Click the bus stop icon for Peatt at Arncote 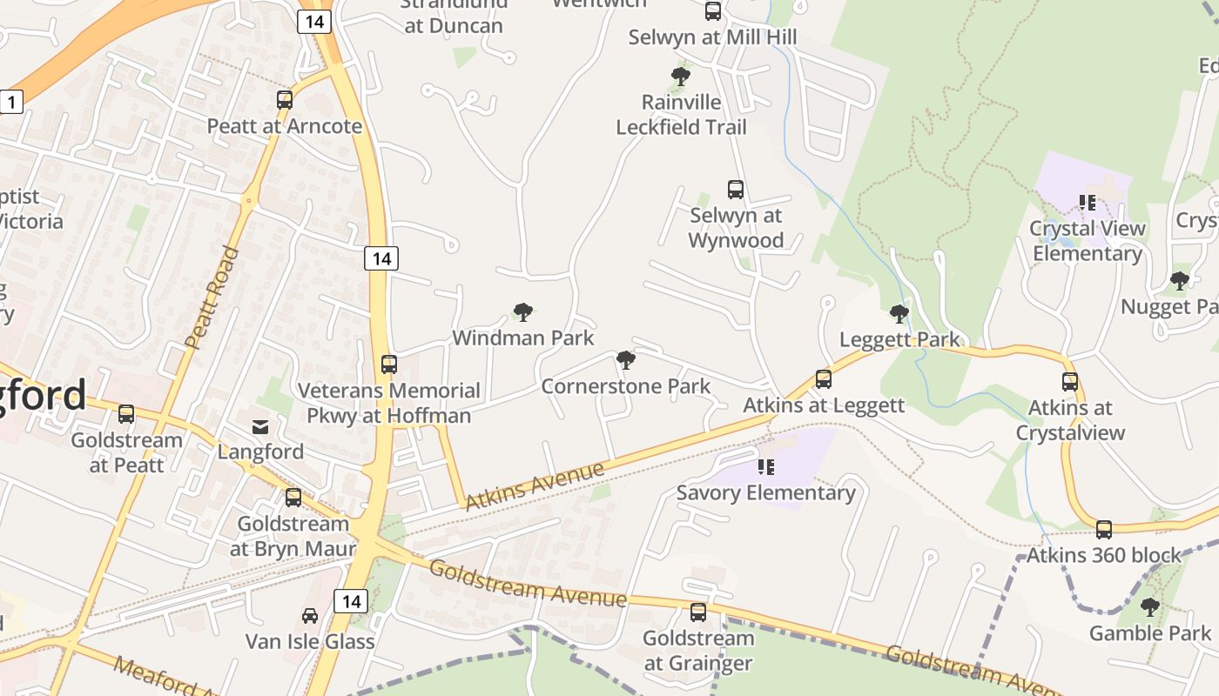pyautogui.click(x=285, y=100)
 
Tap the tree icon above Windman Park pyautogui.click(x=522, y=312)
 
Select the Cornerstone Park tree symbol pyautogui.click(x=625, y=360)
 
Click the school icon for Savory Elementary pyautogui.click(x=766, y=467)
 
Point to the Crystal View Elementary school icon pyautogui.click(x=1087, y=203)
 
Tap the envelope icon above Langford pyautogui.click(x=260, y=426)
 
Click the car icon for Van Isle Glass pyautogui.click(x=309, y=616)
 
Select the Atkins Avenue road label pyautogui.click(x=535, y=486)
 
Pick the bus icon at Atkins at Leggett pyautogui.click(x=824, y=379)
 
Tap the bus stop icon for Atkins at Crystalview pyautogui.click(x=1070, y=382)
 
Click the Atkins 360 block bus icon pyautogui.click(x=1104, y=530)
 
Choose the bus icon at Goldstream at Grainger pyautogui.click(x=698, y=612)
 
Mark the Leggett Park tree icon pyautogui.click(x=899, y=314)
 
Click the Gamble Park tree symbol pyautogui.click(x=1150, y=607)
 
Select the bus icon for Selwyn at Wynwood pyautogui.click(x=736, y=190)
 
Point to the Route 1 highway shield pyautogui.click(x=10, y=102)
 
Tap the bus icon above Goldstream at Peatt pyautogui.click(x=126, y=414)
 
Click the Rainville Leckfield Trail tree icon pyautogui.click(x=681, y=77)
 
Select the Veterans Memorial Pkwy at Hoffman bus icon pyautogui.click(x=389, y=365)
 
